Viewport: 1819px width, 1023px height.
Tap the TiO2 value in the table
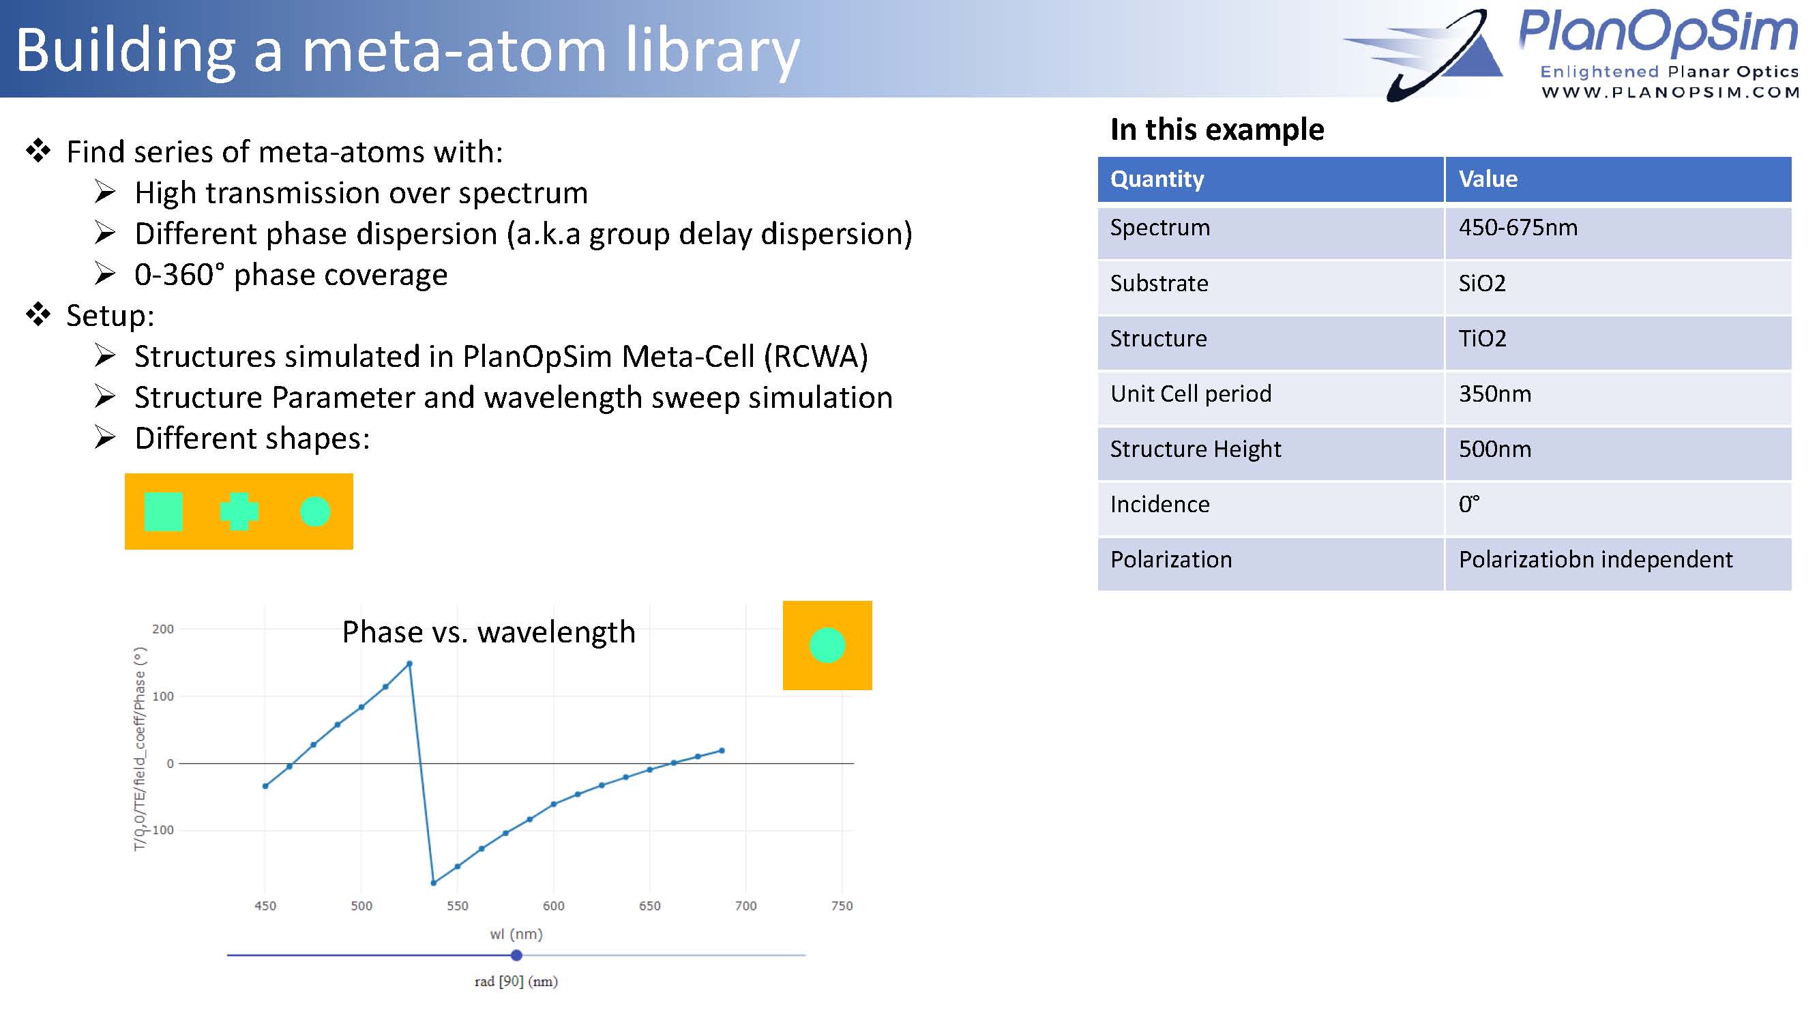pyautogui.click(x=1482, y=339)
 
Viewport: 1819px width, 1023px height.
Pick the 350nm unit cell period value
pyautogui.click(x=1495, y=394)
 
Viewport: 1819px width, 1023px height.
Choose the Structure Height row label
pyautogui.click(x=1196, y=449)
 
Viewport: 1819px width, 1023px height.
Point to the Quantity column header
pyautogui.click(x=1157, y=179)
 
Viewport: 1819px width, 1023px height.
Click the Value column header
pyautogui.click(x=1488, y=179)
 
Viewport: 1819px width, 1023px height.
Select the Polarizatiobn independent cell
pyautogui.click(x=1595, y=560)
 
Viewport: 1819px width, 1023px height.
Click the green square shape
pyautogui.click(x=163, y=511)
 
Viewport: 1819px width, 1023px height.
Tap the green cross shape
pyautogui.click(x=239, y=511)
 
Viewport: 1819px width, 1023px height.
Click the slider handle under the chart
pyautogui.click(x=516, y=955)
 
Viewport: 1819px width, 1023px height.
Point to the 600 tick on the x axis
pyautogui.click(x=554, y=906)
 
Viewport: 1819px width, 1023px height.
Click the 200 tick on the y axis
pyautogui.click(x=163, y=629)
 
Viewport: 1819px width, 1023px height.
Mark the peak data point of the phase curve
pyautogui.click(x=409, y=664)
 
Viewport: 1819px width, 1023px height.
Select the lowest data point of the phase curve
pyautogui.click(x=434, y=883)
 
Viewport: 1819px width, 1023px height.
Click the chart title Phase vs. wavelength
pyautogui.click(x=488, y=632)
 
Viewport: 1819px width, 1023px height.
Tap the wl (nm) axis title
pyautogui.click(x=516, y=934)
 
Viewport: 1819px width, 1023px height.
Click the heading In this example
pyautogui.click(x=1217, y=129)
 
